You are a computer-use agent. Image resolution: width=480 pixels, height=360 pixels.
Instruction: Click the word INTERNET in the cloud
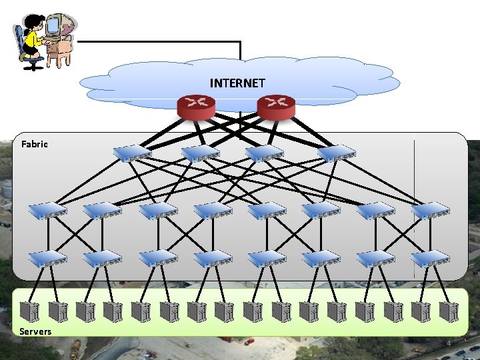(x=237, y=83)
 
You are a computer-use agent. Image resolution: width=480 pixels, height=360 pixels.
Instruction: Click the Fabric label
(x=34, y=144)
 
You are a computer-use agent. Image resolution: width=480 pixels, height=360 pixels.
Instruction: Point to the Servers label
(x=35, y=331)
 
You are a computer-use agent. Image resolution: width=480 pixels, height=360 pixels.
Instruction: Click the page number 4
(x=449, y=344)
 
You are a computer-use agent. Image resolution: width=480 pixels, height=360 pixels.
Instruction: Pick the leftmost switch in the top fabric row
(x=132, y=154)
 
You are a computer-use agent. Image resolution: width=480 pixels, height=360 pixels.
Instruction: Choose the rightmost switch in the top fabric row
(x=337, y=154)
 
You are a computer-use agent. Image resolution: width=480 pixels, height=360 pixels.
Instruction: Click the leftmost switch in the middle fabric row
(x=47, y=211)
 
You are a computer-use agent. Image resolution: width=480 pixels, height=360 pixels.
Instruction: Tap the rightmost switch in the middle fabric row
(x=430, y=211)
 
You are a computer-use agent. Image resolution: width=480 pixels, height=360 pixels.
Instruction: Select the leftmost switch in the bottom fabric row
(x=47, y=259)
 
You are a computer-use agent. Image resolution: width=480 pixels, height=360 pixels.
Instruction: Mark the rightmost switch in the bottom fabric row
(x=430, y=259)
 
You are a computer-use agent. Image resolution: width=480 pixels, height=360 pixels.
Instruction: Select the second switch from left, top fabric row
(x=200, y=154)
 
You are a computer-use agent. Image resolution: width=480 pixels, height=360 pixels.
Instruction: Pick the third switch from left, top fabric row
(x=265, y=154)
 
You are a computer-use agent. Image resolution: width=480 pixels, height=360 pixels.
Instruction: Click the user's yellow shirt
(x=32, y=41)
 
